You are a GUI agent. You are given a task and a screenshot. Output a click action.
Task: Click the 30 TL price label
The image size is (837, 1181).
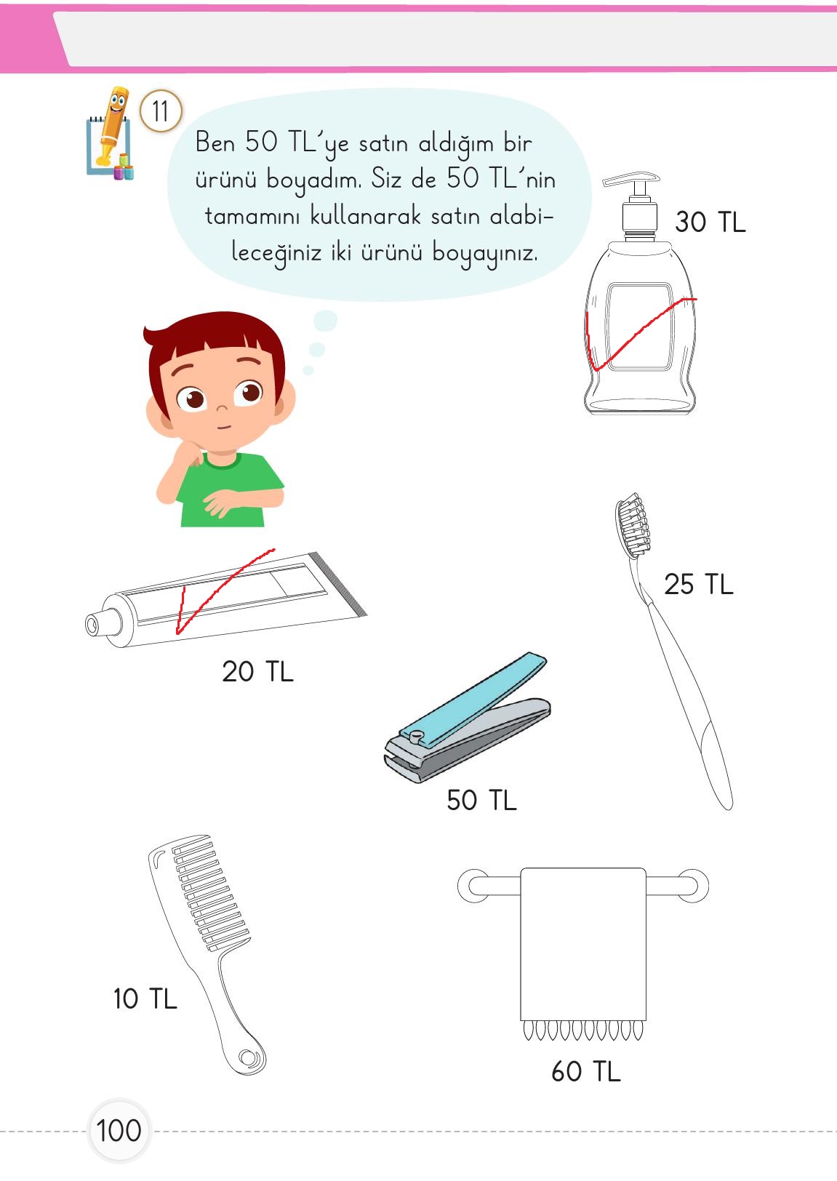click(x=710, y=222)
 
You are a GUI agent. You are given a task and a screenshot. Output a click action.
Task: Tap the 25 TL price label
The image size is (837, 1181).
click(x=698, y=584)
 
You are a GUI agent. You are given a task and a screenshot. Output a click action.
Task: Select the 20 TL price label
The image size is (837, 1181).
click(x=257, y=671)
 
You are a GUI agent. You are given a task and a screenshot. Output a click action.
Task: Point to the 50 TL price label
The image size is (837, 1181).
click(x=481, y=800)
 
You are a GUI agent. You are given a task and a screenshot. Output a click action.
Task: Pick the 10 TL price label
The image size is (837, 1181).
click(x=145, y=998)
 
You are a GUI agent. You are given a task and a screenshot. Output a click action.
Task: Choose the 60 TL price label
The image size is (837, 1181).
click(x=585, y=1071)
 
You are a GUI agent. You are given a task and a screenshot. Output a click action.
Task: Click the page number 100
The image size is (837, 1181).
click(x=119, y=1131)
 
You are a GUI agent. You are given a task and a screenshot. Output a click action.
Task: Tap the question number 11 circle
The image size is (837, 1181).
click(x=160, y=112)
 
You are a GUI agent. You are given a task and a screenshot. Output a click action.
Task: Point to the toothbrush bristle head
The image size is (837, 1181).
click(x=633, y=522)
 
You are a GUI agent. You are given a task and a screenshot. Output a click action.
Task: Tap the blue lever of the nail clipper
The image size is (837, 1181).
click(x=473, y=698)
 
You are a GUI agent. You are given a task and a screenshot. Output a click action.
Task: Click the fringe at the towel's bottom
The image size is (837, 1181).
click(x=583, y=1030)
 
